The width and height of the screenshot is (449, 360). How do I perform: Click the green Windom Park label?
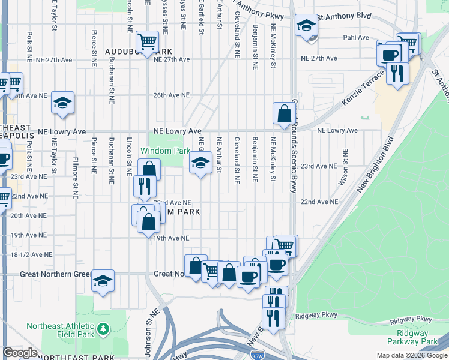161,151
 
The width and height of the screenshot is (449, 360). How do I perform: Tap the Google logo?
20,353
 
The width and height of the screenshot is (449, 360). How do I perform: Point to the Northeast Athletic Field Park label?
61,331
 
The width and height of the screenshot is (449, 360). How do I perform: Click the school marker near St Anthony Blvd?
307,26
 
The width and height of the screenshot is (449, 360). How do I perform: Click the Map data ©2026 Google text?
411,355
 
